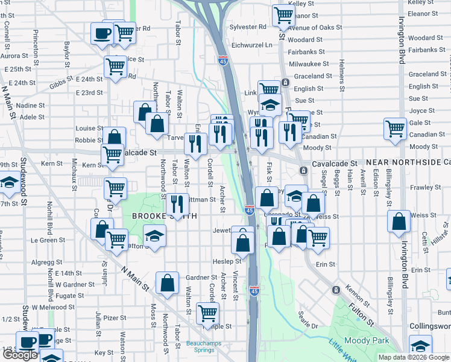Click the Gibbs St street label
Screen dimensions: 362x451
[61, 83]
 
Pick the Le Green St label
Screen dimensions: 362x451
[48, 240]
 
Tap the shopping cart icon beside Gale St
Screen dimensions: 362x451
[395, 128]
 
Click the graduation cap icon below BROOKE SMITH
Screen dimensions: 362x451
[155, 234]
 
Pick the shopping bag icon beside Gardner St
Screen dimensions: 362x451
[167, 281]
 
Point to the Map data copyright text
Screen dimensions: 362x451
[414, 357]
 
